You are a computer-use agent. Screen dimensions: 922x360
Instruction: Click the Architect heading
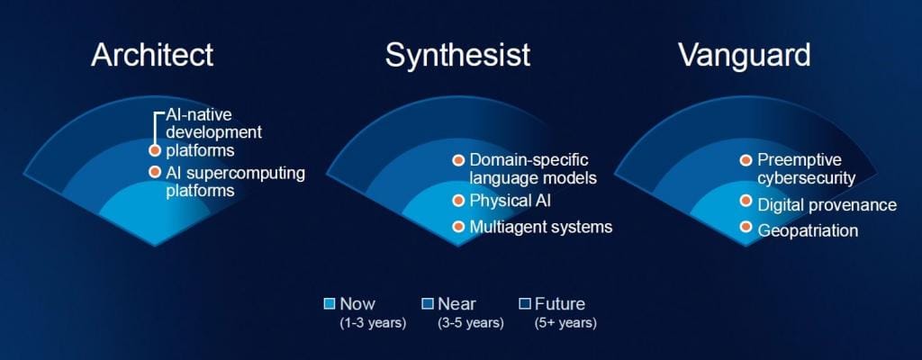pyautogui.click(x=152, y=55)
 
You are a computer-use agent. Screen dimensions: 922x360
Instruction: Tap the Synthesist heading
pyautogui.click(x=457, y=55)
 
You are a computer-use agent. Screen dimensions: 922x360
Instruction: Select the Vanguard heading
pyautogui.click(x=745, y=55)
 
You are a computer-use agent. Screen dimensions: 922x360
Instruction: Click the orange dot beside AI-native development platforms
pyautogui.click(x=155, y=150)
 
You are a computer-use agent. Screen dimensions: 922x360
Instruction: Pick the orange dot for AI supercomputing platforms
pyautogui.click(x=155, y=173)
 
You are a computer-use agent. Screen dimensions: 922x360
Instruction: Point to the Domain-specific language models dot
pyautogui.click(x=458, y=160)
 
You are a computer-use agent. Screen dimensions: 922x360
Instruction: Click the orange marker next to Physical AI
pyautogui.click(x=458, y=202)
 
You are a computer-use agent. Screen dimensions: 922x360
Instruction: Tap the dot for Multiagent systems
pyautogui.click(x=458, y=227)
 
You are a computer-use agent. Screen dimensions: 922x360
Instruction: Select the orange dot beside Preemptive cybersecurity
pyautogui.click(x=746, y=160)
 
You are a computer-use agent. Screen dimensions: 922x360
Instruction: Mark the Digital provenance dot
pyautogui.click(x=746, y=202)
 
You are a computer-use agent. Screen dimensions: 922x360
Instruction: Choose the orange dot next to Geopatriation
pyautogui.click(x=746, y=227)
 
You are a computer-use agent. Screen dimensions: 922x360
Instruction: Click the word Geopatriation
pyautogui.click(x=808, y=230)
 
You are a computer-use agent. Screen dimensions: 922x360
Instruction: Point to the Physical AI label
pyautogui.click(x=511, y=201)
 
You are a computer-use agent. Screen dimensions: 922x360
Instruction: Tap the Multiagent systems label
pyautogui.click(x=541, y=227)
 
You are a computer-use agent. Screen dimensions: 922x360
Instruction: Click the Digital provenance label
pyautogui.click(x=827, y=204)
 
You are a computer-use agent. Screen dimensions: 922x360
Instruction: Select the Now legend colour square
pyautogui.click(x=330, y=304)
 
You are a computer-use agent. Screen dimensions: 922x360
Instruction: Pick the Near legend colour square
pyautogui.click(x=428, y=304)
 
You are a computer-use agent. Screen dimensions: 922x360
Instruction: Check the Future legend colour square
pyautogui.click(x=525, y=304)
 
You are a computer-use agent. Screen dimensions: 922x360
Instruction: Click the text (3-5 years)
pyautogui.click(x=470, y=323)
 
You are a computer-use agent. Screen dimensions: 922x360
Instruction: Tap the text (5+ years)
pyautogui.click(x=565, y=323)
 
